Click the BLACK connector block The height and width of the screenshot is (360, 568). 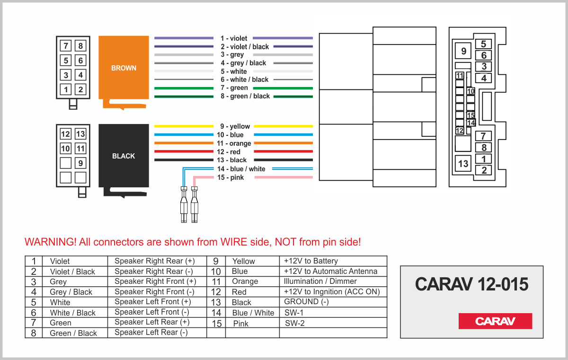[124, 156]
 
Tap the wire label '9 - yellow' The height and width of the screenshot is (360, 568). [235, 126]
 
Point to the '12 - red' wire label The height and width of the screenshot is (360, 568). [229, 152]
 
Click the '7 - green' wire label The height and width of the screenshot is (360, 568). [234, 88]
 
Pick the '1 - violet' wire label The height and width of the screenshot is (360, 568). [234, 38]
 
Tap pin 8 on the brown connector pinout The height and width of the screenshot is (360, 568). [81, 46]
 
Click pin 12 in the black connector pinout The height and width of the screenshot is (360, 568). [65, 134]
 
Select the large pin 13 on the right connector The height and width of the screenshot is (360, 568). [463, 164]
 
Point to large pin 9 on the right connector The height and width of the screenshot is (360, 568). [463, 51]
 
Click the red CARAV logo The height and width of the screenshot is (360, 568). [495, 321]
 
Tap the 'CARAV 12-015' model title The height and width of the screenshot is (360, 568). [471, 284]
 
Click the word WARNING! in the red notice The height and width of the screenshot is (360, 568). [50, 242]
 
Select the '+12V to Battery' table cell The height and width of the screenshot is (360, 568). [311, 261]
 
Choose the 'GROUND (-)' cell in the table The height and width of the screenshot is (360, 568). [306, 302]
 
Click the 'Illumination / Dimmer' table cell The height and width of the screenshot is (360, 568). [320, 281]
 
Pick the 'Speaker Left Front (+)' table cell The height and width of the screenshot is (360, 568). [153, 302]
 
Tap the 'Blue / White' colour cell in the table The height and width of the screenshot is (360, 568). [253, 313]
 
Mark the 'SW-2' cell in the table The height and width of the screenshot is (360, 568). [295, 323]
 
